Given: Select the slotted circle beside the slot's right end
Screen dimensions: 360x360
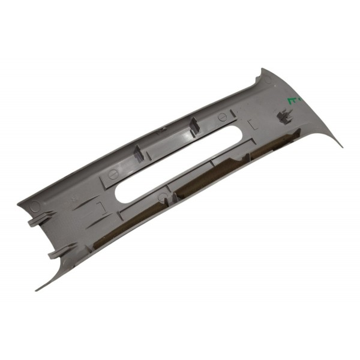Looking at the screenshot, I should coord(221,116).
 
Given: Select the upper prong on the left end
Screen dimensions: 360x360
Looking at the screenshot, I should coord(34,222).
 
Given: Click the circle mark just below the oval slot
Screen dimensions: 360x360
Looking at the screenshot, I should coord(160,197).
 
